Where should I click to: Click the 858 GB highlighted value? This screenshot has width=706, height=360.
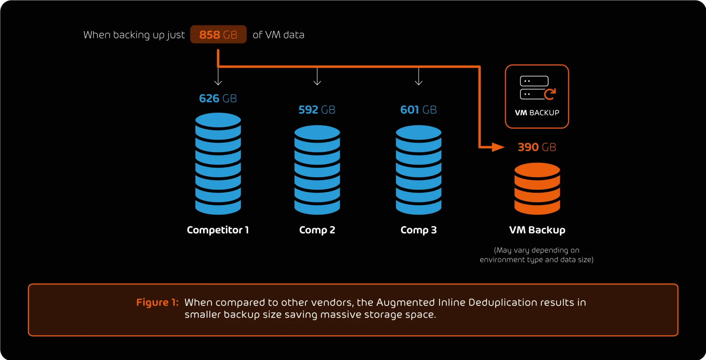tap(218, 35)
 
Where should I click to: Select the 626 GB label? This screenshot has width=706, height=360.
tap(218, 99)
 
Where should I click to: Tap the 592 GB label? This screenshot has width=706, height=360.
tap(317, 110)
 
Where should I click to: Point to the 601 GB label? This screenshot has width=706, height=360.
tap(418, 110)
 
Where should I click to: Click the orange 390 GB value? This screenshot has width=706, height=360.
tap(537, 147)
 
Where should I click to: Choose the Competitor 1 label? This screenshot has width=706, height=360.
tap(218, 230)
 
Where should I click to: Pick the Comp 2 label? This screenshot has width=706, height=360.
tap(317, 230)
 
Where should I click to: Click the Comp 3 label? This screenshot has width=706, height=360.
tap(418, 230)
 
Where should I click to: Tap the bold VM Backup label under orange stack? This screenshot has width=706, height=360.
tap(537, 230)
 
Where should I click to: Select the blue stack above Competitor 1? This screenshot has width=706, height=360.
tap(218, 164)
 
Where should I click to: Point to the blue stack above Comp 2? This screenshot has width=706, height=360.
tap(317, 170)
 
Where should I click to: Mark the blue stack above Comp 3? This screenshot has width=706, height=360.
tap(418, 170)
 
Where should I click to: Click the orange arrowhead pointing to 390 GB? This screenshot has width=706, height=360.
tap(498, 147)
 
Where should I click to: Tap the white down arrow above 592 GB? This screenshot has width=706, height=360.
tap(317, 77)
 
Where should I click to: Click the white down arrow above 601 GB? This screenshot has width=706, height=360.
tap(418, 77)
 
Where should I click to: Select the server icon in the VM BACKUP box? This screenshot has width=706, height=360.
tap(537, 88)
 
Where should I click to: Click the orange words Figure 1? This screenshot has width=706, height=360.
tap(157, 303)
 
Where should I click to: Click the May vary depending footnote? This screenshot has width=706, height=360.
tap(536, 255)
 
